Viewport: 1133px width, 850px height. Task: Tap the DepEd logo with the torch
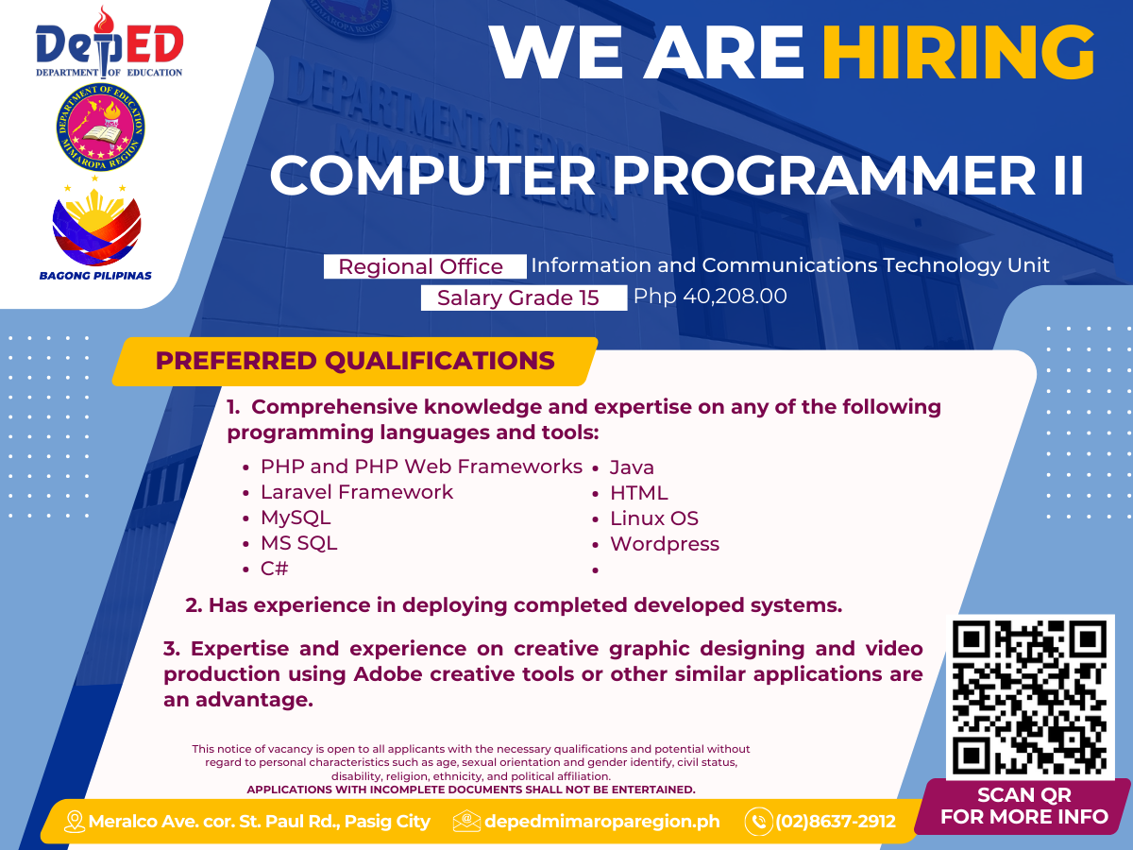pos(109,42)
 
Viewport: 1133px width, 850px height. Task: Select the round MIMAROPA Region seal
pos(100,127)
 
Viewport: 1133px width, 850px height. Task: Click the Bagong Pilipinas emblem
pos(96,230)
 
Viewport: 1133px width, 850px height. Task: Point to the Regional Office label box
pos(425,266)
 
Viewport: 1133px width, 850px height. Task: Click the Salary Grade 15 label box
pos(523,297)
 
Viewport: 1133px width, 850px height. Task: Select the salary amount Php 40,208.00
pos(710,297)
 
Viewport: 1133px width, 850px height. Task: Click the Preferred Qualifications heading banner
pos(355,362)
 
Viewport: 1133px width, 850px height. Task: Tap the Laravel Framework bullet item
pos(357,492)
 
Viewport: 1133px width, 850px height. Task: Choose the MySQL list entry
pos(296,518)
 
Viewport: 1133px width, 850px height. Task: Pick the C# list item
pos(274,569)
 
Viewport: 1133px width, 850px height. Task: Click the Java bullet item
pos(632,467)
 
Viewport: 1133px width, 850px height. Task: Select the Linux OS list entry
pos(654,518)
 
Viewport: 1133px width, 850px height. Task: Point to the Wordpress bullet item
pos(665,544)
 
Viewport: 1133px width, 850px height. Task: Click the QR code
pos(1030,697)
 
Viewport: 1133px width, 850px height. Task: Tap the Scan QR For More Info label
pos(1024,806)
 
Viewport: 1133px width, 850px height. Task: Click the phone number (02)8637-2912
pos(836,821)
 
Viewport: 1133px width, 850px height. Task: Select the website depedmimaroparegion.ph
pos(601,821)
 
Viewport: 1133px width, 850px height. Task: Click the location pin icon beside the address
pos(75,822)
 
